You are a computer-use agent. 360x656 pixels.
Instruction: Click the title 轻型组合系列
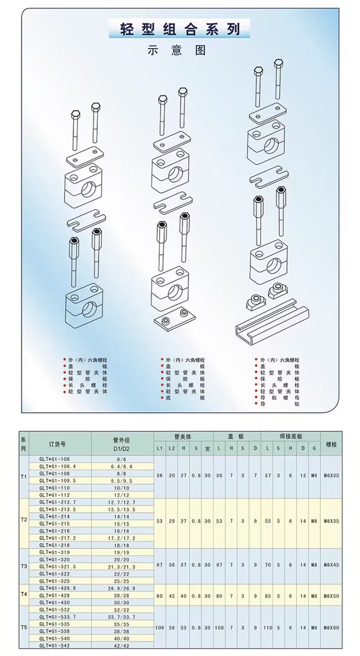[180, 30]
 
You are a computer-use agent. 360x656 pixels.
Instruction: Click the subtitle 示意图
[176, 50]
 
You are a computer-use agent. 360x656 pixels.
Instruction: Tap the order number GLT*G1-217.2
[57, 538]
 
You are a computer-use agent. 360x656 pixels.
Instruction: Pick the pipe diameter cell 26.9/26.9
[120, 588]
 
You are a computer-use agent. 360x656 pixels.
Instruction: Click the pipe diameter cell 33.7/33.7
[120, 617]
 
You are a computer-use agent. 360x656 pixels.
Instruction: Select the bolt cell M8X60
[331, 628]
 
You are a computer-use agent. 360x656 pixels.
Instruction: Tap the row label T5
[24, 628]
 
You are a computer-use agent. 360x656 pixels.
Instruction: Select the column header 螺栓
[331, 444]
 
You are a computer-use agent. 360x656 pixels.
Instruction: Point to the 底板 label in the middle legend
[185, 398]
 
